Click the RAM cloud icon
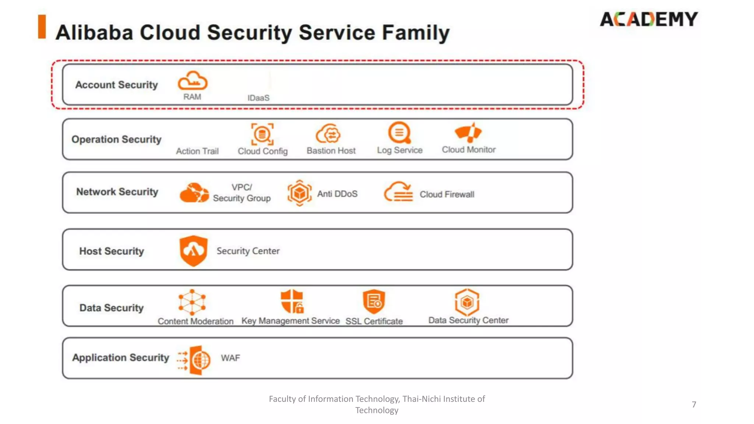coord(193,81)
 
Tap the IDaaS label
coord(258,98)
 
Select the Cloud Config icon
coord(262,134)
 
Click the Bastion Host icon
coord(328,134)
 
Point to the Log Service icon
coord(399,132)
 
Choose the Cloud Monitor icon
coord(468,132)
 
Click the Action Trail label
coord(197,151)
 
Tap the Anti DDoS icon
coord(299,193)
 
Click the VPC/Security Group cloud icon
coord(194,192)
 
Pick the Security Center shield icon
coord(194,251)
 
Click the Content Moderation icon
coord(192,302)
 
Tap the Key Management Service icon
coord(292,301)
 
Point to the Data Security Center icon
coord(467,302)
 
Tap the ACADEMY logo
coord(649,19)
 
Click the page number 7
coord(694,404)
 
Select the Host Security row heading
coord(112,251)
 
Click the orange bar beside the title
coord(42,26)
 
